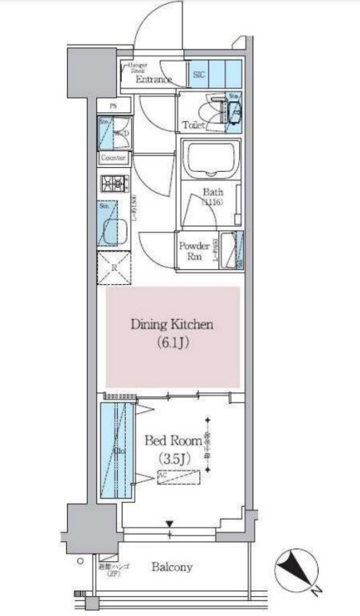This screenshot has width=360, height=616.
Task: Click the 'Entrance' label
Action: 154,80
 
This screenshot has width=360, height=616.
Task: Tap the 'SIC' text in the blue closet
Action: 199,73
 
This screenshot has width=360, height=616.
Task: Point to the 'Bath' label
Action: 212,192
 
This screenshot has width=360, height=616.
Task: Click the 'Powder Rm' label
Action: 194,251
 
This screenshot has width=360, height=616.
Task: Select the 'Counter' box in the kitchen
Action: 115,158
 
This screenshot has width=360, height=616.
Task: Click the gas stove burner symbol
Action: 115,184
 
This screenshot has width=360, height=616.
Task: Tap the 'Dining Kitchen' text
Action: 172,325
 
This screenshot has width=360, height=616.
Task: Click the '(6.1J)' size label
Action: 172,343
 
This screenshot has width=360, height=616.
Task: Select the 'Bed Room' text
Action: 172,439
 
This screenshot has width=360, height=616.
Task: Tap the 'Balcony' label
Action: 172,567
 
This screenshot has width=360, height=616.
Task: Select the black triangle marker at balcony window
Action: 170,524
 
